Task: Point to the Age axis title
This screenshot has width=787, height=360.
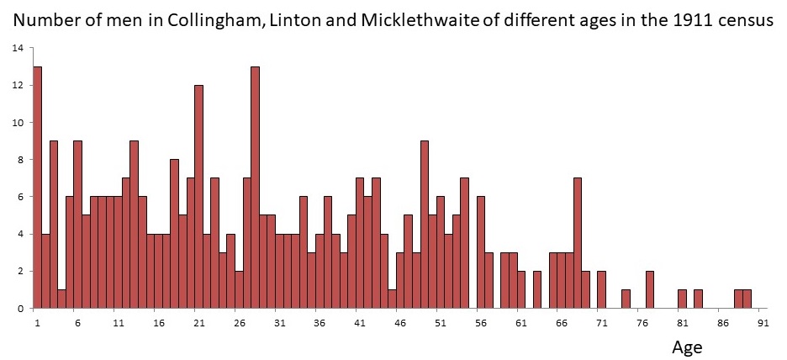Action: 687,347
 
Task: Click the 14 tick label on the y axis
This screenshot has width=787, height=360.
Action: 16,48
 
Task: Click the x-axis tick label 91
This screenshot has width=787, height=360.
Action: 762,322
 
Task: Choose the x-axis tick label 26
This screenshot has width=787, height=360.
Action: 239,322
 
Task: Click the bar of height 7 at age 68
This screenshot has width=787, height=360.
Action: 578,243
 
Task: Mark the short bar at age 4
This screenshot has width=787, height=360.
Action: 61,299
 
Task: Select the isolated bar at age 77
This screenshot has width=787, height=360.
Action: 650,290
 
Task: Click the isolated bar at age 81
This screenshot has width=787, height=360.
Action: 682,299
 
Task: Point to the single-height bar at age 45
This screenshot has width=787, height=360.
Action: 392,299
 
